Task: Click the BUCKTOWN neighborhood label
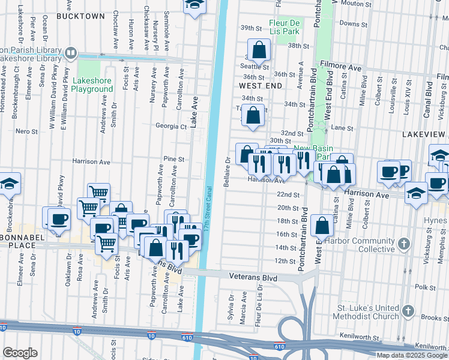click(80, 16)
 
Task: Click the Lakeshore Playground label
click(92, 85)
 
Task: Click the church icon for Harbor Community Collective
click(404, 244)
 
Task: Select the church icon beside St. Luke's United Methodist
click(408, 311)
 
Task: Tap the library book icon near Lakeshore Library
click(71, 53)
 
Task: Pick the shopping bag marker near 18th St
click(322, 226)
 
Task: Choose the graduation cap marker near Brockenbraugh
click(10, 182)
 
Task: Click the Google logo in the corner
click(20, 353)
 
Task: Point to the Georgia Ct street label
click(171, 127)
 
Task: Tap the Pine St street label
click(173, 159)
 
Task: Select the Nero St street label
click(26, 131)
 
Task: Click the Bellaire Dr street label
click(228, 172)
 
